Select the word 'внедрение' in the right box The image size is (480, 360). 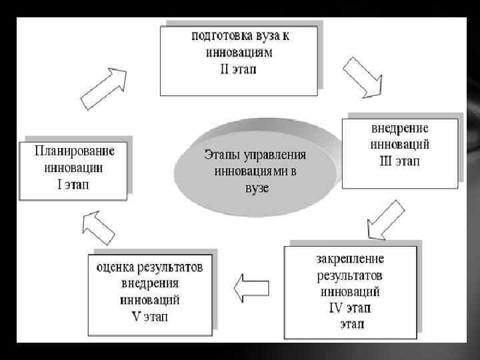click(400, 128)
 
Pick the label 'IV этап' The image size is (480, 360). click(350, 308)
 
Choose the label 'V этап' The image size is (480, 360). click(151, 316)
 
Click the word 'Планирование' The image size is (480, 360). click(74, 151)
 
